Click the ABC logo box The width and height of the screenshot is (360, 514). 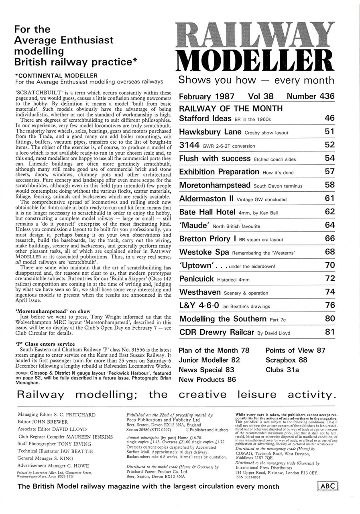[328, 487]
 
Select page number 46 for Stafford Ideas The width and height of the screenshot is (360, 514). [329, 118]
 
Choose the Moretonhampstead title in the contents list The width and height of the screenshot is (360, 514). [215, 185]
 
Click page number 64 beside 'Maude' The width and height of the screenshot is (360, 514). [329, 225]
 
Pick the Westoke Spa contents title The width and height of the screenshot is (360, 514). [204, 252]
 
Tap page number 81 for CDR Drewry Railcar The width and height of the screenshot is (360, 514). [329, 332]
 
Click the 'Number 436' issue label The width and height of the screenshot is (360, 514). [310, 97]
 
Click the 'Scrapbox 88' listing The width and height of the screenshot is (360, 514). [286, 360]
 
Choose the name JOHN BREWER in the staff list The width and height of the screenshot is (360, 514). [51, 422]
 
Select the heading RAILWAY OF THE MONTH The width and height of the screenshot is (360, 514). [230, 108]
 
